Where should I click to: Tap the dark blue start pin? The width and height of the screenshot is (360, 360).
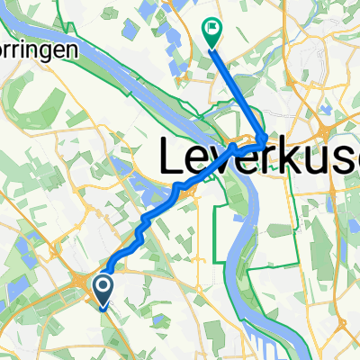(103, 290)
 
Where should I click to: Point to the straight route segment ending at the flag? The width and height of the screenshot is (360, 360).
(236, 85)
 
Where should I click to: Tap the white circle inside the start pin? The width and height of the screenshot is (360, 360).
(103, 286)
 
